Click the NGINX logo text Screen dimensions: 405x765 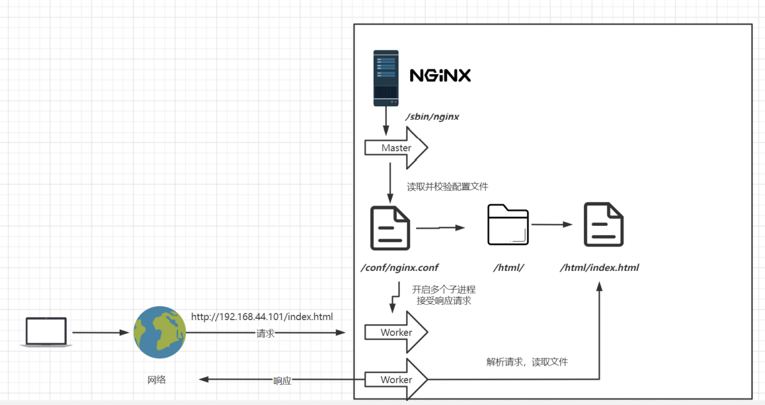point(440,75)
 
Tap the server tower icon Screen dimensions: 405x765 point(386,78)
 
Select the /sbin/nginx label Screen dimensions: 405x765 point(432,117)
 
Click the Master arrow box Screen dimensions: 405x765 point(396,148)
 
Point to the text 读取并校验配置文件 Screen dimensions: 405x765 point(447,186)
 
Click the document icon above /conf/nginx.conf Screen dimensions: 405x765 point(390,228)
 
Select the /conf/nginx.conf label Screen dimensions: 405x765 point(399,267)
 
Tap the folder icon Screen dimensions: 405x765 point(508,225)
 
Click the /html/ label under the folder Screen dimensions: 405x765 point(509,267)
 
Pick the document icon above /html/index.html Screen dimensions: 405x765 point(603,225)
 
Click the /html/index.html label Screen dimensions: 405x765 point(599,267)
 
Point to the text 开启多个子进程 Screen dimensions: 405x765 point(444,290)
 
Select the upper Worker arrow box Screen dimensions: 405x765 point(396,332)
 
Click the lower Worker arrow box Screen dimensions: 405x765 point(396,379)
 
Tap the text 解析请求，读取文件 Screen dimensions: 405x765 point(527,362)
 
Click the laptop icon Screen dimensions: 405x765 point(46,332)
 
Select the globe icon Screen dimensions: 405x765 point(160,332)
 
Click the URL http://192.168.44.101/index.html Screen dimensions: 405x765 point(262,316)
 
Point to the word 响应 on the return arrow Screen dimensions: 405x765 point(282,381)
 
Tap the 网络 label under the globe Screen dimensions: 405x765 point(157,380)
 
